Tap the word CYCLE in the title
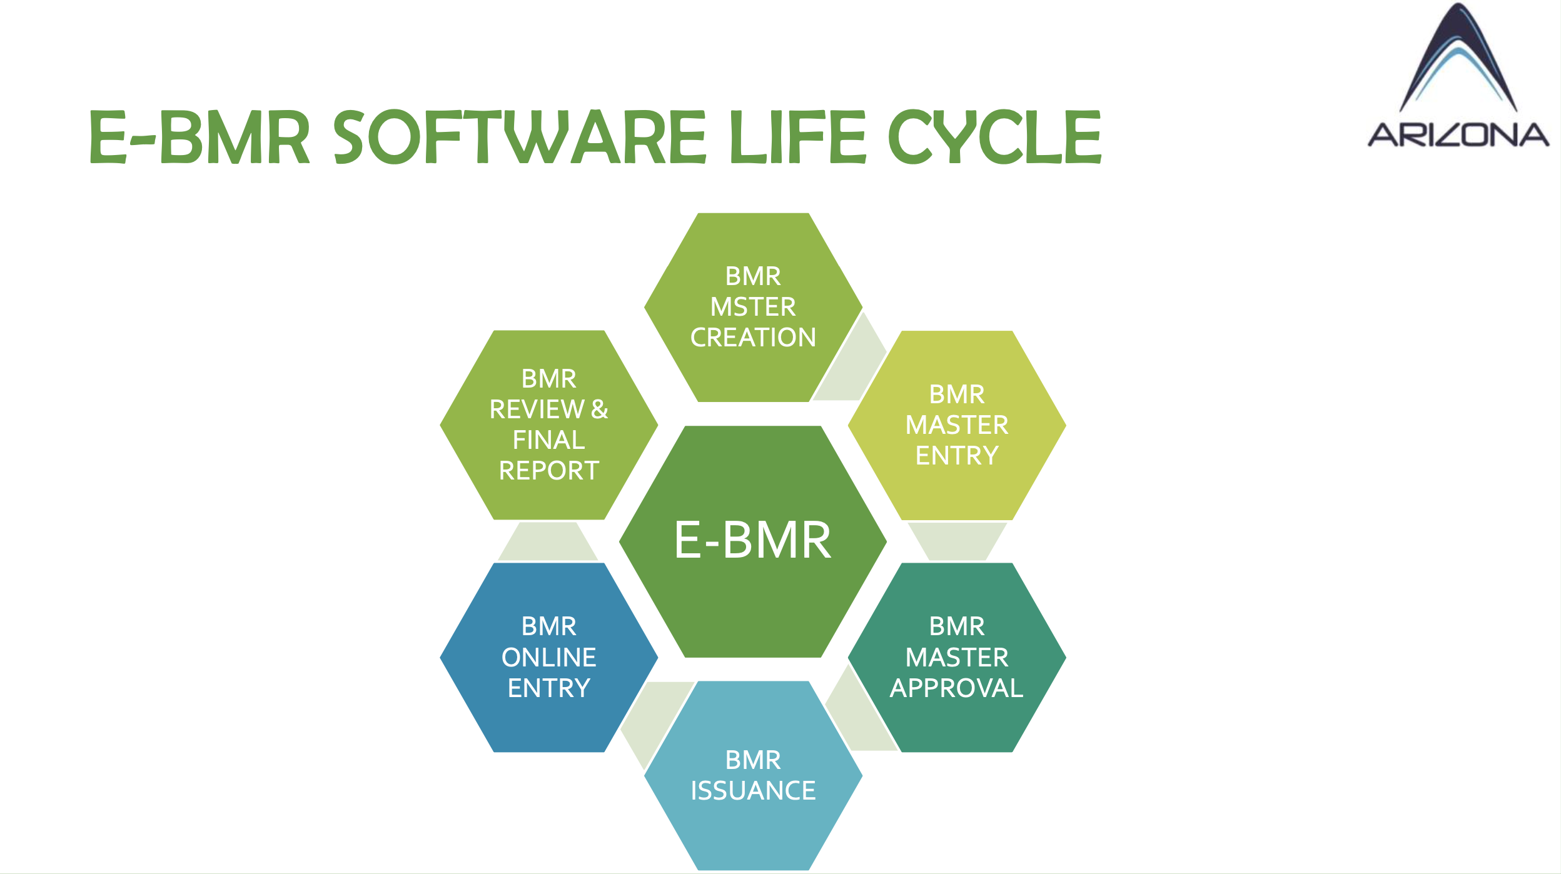click(994, 137)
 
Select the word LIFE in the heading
click(797, 137)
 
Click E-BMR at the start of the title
click(200, 137)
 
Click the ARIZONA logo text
click(1458, 135)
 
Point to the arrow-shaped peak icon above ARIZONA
click(1458, 59)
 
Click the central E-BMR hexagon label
click(752, 540)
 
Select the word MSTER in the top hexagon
click(752, 307)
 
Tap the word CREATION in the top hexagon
click(752, 338)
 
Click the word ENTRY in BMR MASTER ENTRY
click(956, 456)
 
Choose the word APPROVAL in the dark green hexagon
click(956, 688)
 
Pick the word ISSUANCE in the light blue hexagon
click(752, 791)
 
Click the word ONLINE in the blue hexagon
click(548, 658)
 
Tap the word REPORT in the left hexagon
click(548, 471)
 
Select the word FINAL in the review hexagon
click(548, 440)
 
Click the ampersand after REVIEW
click(599, 409)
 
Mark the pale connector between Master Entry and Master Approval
click(956, 541)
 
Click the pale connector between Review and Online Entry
click(548, 541)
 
